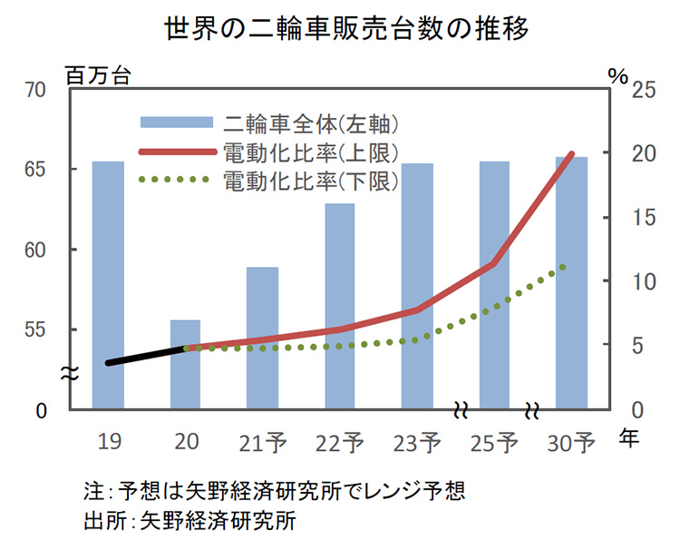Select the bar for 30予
click(x=571, y=290)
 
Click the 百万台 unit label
click(x=99, y=74)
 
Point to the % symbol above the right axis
click(x=617, y=74)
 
